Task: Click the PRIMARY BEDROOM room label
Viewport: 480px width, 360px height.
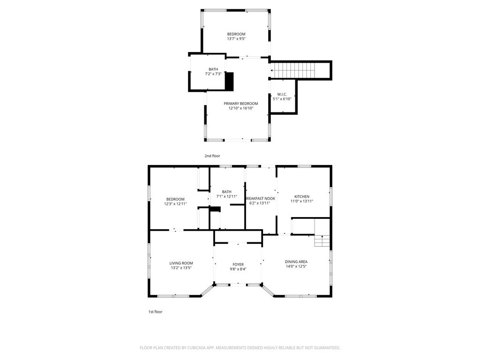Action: [x=240, y=104]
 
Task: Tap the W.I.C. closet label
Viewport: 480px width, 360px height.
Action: [x=282, y=94]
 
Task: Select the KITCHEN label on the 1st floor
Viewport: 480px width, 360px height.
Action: [x=302, y=196]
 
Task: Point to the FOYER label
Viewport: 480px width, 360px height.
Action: [x=238, y=264]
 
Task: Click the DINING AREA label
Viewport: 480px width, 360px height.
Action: [x=296, y=262]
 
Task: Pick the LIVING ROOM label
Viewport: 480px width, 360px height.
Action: [x=181, y=263]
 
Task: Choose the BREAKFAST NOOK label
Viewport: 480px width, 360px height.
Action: [x=261, y=198]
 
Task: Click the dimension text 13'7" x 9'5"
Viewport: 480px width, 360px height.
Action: [x=236, y=39]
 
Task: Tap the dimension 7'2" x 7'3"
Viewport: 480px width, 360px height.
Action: [x=213, y=74]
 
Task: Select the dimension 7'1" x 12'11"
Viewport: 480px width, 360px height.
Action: [x=227, y=196]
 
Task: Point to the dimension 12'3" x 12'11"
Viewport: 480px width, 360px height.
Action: [x=175, y=203]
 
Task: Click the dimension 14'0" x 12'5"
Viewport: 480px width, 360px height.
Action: [x=296, y=266]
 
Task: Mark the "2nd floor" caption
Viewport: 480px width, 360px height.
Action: [x=212, y=156]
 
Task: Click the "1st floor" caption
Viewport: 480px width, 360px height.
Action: [x=156, y=312]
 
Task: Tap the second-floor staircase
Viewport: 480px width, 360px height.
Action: [x=294, y=70]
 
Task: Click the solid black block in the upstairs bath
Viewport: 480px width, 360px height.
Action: [x=229, y=82]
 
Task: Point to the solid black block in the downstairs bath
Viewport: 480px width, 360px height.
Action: [x=215, y=210]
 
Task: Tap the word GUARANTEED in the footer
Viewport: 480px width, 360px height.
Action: [x=327, y=348]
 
